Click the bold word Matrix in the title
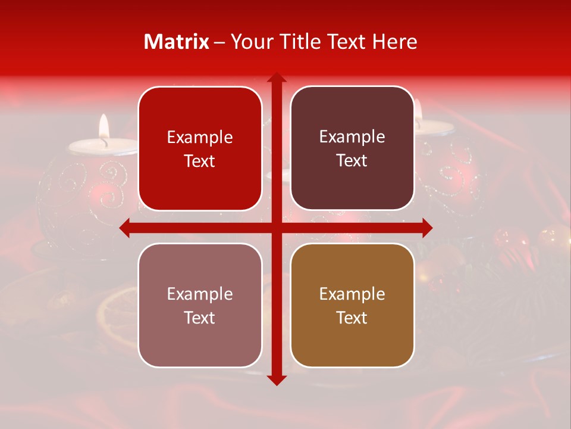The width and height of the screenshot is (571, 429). coord(177,42)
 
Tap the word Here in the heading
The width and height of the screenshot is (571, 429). coord(394,42)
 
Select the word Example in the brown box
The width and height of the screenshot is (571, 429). coord(352,294)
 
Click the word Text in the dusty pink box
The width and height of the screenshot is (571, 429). coord(200,318)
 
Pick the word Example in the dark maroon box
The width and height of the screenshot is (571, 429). coord(352,136)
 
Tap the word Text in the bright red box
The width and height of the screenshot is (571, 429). coord(200,161)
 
